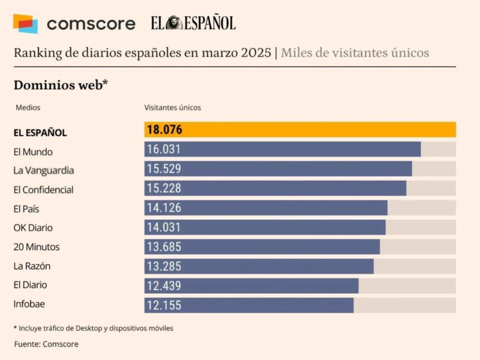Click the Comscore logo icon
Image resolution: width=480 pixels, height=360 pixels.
click(25, 24)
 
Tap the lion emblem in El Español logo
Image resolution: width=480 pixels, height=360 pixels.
click(175, 23)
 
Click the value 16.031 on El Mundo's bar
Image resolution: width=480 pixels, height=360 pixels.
click(164, 150)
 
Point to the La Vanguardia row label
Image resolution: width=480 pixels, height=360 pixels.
click(43, 170)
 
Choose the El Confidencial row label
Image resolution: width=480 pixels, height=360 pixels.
click(43, 190)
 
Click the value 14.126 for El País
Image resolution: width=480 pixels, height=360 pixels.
click(164, 208)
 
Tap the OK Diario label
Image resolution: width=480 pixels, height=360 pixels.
click(33, 228)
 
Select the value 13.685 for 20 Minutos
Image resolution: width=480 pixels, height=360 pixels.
click(164, 247)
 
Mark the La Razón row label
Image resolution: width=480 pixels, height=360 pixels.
click(31, 266)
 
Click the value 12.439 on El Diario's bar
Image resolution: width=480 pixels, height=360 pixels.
click(164, 286)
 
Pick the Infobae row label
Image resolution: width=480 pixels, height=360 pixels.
click(29, 304)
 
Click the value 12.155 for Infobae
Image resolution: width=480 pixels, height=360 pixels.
click(164, 305)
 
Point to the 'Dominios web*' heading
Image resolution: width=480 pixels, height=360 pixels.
click(60, 85)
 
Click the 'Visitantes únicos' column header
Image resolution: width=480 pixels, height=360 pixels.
click(172, 107)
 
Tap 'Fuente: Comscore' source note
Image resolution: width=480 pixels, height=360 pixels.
click(46, 344)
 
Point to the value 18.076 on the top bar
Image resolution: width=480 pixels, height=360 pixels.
click(164, 130)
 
